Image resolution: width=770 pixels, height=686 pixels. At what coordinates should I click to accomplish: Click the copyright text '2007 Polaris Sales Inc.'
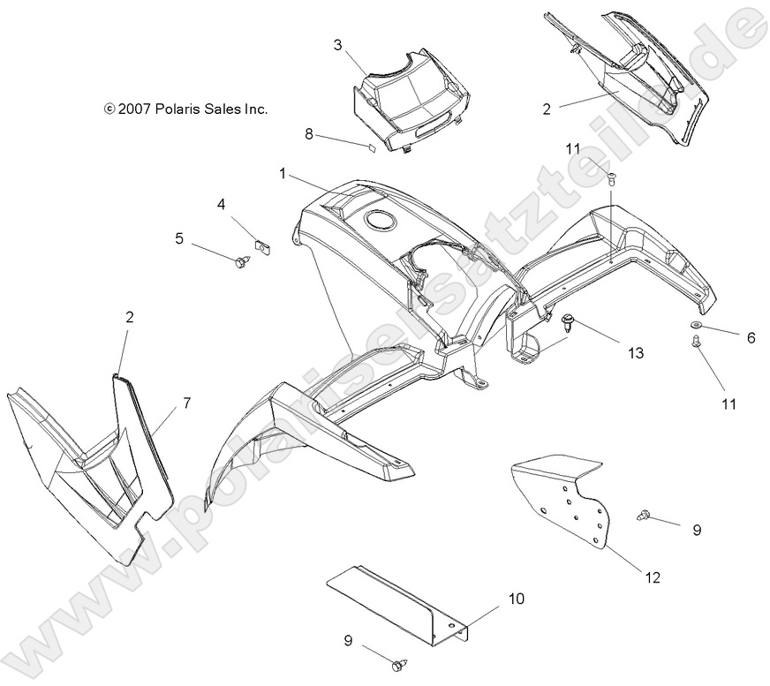coord(192,109)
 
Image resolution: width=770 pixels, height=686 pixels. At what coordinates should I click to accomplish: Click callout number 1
coord(283,173)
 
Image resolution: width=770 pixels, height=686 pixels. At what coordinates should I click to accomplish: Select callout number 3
coord(338,45)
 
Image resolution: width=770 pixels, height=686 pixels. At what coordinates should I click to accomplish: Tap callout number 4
coord(222,204)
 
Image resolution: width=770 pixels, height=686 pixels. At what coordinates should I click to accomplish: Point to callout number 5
coord(179,238)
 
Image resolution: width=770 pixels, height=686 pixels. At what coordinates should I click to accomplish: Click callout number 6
coord(751,338)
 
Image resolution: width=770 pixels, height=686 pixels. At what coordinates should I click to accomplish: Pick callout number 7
coord(187,403)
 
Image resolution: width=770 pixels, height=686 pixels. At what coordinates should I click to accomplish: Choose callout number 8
coord(309,133)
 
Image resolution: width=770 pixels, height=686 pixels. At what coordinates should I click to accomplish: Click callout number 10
coord(517,599)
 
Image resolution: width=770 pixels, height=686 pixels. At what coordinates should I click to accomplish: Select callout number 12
coord(653,577)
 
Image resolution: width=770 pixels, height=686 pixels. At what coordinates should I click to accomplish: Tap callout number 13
coord(636,352)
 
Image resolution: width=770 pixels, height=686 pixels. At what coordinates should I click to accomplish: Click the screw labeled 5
coord(242,263)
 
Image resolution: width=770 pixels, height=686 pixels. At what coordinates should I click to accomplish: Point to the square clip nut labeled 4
coord(264,246)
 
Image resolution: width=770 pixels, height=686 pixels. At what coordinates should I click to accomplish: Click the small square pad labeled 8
coord(372,147)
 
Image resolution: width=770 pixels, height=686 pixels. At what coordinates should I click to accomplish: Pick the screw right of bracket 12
coord(644,515)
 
